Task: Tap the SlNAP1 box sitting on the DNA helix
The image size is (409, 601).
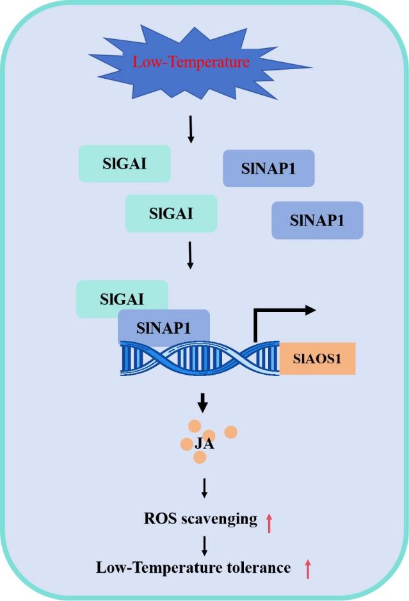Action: [164, 328]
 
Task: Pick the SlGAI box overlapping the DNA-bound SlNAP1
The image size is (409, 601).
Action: [122, 298]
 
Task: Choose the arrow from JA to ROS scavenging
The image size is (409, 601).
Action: [204, 488]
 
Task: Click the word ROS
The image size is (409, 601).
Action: [159, 518]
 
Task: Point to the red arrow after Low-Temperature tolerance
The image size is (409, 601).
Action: [308, 569]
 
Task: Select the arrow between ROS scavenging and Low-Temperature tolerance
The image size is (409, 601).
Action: [204, 545]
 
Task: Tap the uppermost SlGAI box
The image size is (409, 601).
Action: [125, 163]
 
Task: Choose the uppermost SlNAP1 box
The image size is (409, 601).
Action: [269, 169]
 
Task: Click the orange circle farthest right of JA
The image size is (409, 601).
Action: [231, 432]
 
